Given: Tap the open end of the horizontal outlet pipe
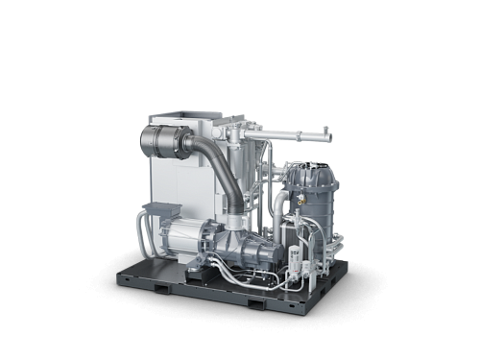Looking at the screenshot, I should click(329, 137).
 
